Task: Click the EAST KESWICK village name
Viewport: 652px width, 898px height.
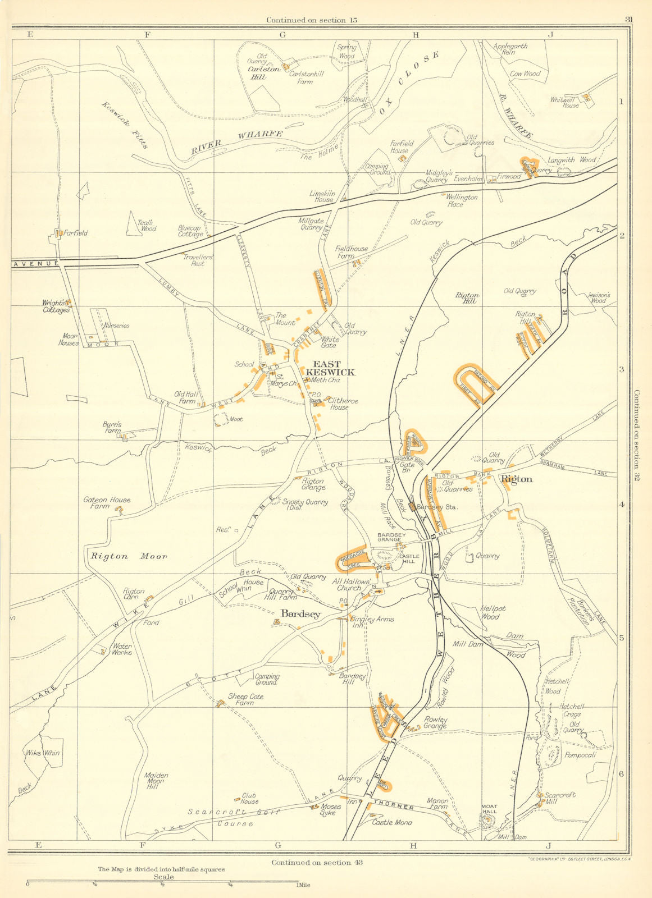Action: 330,368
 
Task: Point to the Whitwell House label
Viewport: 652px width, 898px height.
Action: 564,102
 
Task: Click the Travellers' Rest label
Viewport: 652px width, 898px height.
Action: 194,260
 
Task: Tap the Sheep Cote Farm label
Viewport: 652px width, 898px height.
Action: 245,699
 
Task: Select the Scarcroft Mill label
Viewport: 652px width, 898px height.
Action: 560,798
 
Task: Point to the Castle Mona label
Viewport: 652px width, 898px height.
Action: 391,822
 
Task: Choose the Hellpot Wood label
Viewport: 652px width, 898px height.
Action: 490,612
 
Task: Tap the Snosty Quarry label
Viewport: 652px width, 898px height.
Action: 304,505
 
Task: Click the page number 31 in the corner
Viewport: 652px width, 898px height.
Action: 628,20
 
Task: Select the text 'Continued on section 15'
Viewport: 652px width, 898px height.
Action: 312,20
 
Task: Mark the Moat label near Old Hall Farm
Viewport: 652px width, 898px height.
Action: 236,419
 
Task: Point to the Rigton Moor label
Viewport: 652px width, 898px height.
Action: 129,556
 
